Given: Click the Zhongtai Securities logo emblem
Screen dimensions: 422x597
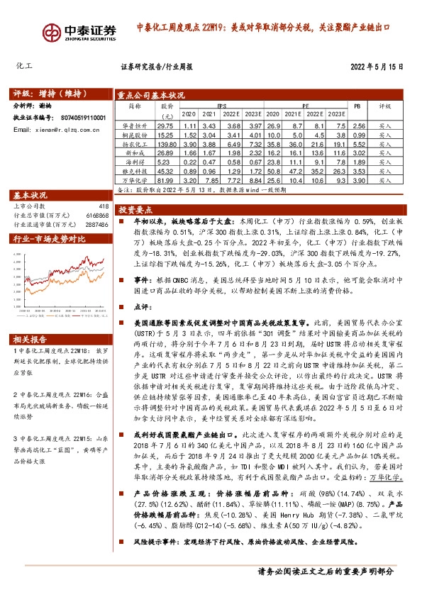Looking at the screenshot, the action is [x=52, y=33].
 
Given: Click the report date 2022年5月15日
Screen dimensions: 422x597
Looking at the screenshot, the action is [x=377, y=67].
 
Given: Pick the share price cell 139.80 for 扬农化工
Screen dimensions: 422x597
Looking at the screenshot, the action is [x=167, y=143].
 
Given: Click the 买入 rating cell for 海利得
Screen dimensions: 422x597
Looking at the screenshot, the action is [x=385, y=161].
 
